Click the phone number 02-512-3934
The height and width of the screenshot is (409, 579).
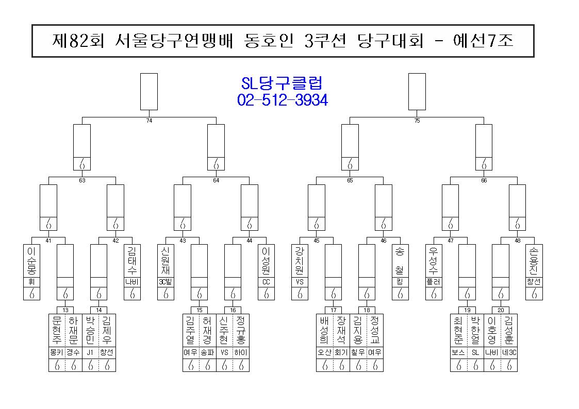point(283,100)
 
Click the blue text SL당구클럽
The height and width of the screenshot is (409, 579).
point(282,83)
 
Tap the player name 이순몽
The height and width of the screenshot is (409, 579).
point(31,261)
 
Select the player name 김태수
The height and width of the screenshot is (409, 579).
point(132,261)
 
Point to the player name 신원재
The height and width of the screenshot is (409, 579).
point(166,261)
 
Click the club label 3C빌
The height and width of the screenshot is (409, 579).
point(166,282)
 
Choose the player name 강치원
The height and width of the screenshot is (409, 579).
point(300,261)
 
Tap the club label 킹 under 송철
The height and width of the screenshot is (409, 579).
point(400,282)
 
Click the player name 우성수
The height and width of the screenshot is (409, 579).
point(434,261)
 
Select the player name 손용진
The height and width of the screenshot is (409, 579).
point(534,261)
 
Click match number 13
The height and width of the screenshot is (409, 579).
point(65,310)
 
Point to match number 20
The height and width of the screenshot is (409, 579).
point(500,310)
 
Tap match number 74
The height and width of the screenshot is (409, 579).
point(149,121)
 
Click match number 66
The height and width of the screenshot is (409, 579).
point(484,180)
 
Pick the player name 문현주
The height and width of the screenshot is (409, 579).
point(57,330)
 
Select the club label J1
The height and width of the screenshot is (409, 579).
point(90,352)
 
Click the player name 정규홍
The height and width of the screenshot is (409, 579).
point(241,330)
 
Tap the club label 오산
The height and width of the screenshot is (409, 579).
point(325,352)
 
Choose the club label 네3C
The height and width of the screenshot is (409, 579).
point(509,352)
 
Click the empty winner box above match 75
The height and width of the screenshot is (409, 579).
point(417,92)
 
